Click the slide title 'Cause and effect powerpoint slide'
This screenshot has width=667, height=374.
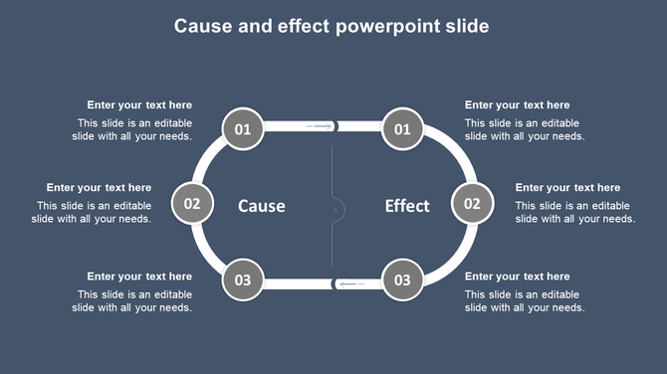pos(332,26)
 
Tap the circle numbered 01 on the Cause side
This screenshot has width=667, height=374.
pos(243,129)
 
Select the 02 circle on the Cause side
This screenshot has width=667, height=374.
pos(192,204)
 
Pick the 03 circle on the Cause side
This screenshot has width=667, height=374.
pos(243,280)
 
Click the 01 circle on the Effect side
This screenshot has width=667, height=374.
pos(402,129)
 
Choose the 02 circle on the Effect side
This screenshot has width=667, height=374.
pos(472,204)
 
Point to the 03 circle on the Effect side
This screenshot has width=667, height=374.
pos(402,280)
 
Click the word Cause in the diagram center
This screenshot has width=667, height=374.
pos(262,206)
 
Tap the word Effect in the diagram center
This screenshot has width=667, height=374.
pos(407,206)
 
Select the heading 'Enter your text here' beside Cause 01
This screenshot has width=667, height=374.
pos(139,104)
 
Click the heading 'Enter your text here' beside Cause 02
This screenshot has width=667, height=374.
pos(99,187)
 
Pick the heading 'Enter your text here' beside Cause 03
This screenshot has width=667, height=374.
pos(139,276)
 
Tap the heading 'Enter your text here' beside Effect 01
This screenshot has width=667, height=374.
pos(518,104)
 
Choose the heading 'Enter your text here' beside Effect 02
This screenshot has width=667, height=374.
pos(567,187)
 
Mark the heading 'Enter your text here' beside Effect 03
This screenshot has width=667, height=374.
pos(518,276)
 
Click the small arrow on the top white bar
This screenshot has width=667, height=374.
pos(320,126)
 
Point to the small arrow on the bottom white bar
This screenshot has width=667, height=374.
pos(350,284)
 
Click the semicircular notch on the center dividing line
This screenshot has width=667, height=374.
pos(337,209)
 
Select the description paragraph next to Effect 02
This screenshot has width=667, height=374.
pos(574,212)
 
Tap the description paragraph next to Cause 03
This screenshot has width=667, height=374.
pos(132,300)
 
